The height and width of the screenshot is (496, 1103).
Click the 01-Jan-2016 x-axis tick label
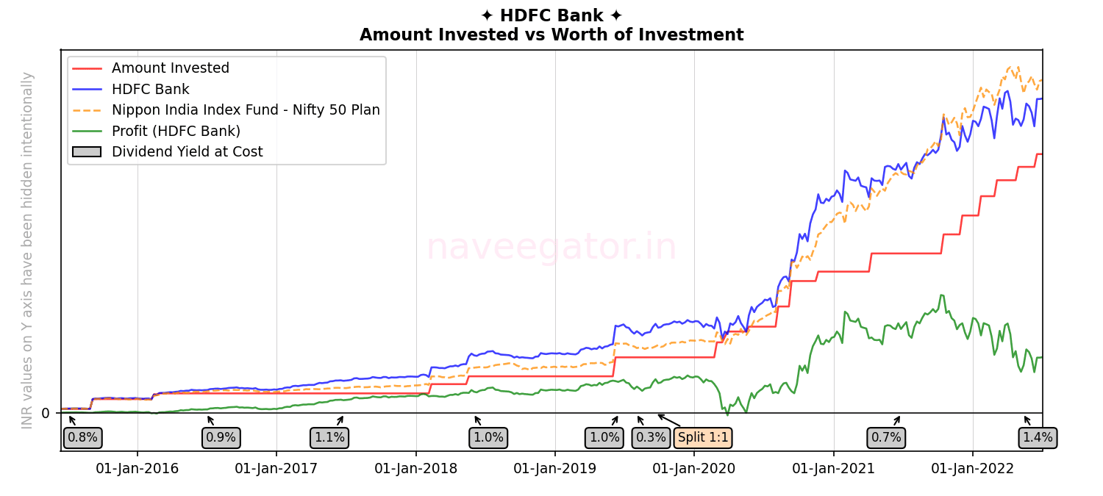(138, 469)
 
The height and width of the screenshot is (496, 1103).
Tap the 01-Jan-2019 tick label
(555, 469)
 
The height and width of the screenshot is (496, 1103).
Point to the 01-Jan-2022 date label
(973, 469)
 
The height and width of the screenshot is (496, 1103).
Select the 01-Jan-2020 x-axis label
(694, 469)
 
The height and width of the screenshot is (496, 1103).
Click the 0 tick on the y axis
(46, 414)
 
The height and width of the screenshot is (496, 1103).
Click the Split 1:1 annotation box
(702, 438)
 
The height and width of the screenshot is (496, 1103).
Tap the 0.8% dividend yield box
(82, 438)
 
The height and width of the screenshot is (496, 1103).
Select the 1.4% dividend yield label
(1038, 438)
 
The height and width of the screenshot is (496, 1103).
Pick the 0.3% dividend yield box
(651, 438)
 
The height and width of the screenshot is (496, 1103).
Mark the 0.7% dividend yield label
(886, 438)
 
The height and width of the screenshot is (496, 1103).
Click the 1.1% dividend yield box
(329, 438)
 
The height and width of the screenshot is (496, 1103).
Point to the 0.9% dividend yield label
(221, 438)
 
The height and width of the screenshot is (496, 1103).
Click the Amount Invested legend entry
(170, 68)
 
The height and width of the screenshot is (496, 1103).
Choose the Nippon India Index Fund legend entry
(246, 110)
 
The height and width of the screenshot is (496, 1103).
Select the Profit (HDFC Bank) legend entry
(176, 132)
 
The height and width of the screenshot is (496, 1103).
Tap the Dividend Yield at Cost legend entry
(187, 152)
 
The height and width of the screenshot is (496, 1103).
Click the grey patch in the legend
(87, 152)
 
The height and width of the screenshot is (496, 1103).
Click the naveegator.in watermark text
(551, 247)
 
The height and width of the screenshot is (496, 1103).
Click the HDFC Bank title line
(551, 15)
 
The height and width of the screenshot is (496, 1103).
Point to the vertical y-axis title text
(28, 250)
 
